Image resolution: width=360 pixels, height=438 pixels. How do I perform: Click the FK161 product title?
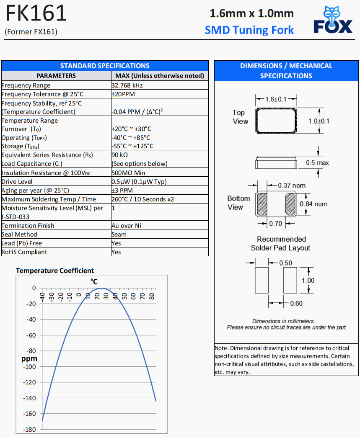pyautogui.click(x=36, y=14)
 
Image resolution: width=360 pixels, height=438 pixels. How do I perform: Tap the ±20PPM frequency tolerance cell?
pyautogui.click(x=123, y=94)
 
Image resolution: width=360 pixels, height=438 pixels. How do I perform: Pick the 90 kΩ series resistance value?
pyautogui.click(x=119, y=155)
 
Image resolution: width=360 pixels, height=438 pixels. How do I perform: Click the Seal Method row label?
pyautogui.click(x=19, y=234)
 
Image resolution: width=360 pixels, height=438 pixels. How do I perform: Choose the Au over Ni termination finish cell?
pyautogui.click(x=126, y=226)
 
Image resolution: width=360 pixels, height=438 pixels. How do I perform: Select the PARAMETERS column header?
pyautogui.click(x=56, y=76)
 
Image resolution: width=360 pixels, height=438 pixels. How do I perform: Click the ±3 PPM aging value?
pyautogui.click(x=122, y=191)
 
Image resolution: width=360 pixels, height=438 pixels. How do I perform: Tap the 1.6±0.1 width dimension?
pyautogui.click(x=276, y=99)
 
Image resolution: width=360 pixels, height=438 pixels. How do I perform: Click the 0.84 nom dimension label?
pyautogui.click(x=313, y=204)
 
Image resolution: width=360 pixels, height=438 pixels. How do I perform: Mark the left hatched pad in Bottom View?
pyautogui.click(x=262, y=204)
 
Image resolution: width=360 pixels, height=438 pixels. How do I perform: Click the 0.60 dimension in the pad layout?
pyautogui.click(x=296, y=303)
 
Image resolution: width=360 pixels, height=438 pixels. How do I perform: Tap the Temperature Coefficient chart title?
pyautogui.click(x=55, y=271)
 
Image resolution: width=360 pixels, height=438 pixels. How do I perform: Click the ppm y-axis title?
pyautogui.click(x=29, y=358)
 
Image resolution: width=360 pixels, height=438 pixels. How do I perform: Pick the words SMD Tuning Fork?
pyautogui.click(x=249, y=30)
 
